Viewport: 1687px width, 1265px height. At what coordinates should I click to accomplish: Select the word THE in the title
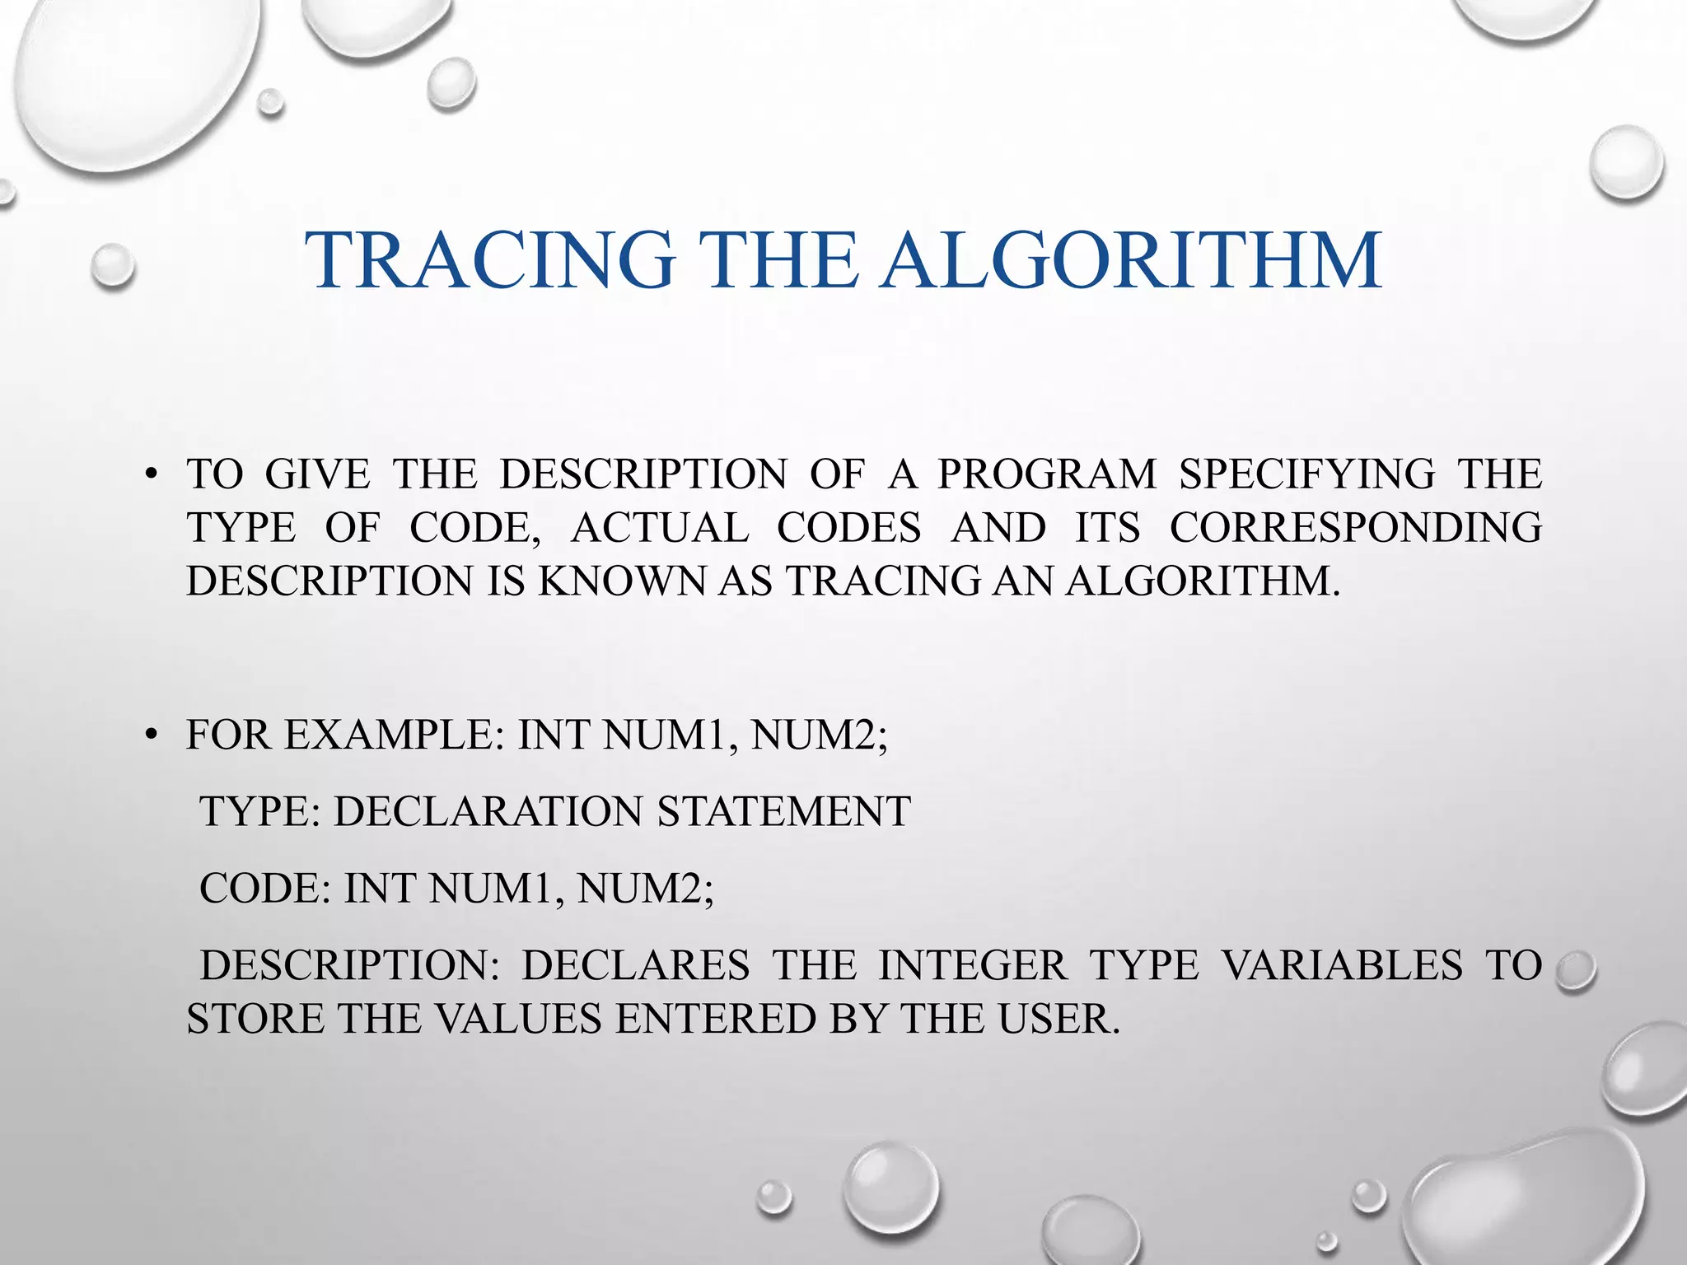[776, 261]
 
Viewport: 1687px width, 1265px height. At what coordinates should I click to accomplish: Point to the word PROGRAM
[1047, 474]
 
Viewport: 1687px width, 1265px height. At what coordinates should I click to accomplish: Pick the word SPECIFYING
[1306, 474]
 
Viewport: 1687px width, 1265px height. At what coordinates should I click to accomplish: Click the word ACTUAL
[660, 528]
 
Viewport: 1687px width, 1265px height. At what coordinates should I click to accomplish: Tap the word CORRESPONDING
[1356, 528]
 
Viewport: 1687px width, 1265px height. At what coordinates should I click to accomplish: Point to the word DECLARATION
[487, 811]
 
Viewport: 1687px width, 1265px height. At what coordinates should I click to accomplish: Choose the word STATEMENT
[783, 811]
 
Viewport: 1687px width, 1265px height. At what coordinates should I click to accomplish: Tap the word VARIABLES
[1342, 965]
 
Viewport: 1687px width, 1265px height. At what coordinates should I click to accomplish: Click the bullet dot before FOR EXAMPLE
[149, 735]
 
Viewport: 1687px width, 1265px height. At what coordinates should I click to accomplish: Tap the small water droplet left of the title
[113, 265]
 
